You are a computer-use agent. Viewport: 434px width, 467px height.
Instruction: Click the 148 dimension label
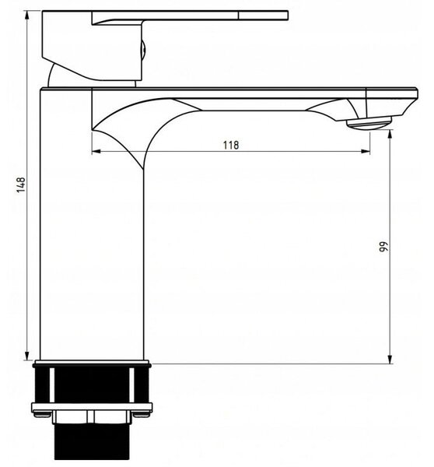coord(21,185)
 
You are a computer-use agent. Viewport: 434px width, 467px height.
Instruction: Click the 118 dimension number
coord(231,145)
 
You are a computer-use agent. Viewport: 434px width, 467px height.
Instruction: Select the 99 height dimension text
coord(384,247)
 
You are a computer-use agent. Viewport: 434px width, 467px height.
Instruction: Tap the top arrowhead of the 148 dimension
coord(27,15)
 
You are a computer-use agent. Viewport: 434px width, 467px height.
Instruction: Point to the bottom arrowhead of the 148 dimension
coord(27,356)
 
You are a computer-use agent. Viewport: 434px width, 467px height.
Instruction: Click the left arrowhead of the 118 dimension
coord(96,152)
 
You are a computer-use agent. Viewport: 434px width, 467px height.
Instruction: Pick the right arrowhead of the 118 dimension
coord(366,152)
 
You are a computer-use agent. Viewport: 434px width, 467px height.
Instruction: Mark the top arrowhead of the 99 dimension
coord(390,135)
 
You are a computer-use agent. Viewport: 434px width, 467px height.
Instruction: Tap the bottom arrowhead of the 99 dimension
coord(390,359)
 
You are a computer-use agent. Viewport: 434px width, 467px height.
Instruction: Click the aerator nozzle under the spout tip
coord(369,123)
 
